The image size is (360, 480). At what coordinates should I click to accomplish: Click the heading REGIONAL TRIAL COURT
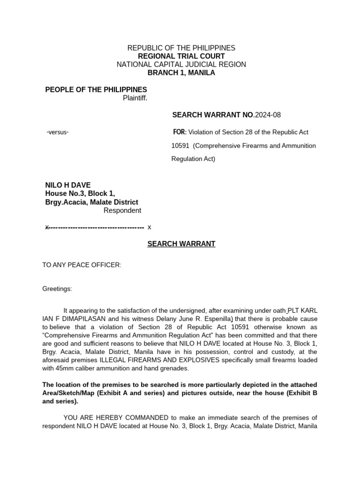click(181, 56)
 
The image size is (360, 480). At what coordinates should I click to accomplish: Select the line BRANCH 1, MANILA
click(181, 73)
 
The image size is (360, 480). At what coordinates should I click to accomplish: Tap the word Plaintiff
click(135, 98)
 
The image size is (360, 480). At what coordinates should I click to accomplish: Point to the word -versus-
click(58, 132)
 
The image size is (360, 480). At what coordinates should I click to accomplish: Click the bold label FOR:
click(179, 132)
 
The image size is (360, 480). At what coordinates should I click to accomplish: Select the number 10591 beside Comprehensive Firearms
click(180, 146)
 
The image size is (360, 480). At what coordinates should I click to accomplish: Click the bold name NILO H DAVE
click(68, 185)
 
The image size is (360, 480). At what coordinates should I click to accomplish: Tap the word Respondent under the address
click(122, 210)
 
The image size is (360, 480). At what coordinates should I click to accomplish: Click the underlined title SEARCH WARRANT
click(181, 244)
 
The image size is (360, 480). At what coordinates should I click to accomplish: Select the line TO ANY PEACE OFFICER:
click(82, 265)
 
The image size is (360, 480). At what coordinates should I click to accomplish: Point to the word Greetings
click(57, 289)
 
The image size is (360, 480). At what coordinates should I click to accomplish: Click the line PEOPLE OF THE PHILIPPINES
click(96, 90)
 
